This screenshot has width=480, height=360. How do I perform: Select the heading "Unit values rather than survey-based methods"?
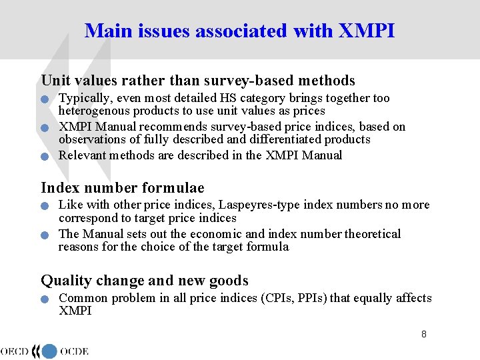pos(198,81)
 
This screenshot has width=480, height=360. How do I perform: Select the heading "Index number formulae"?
pos(123,188)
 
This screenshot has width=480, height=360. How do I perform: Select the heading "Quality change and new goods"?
pos(145,281)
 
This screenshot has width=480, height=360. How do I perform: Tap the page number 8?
pos(424,334)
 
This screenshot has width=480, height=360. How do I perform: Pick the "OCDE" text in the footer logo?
pos(74,351)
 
